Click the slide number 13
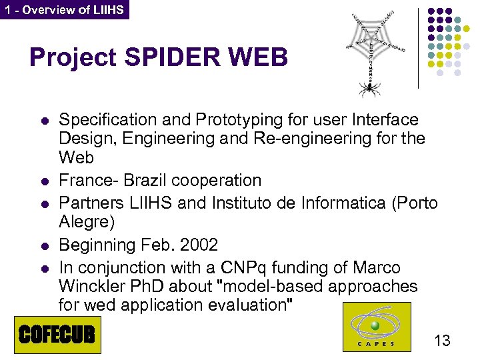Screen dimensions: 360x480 coord(442,341)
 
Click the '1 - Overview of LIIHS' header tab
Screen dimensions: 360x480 coord(64,9)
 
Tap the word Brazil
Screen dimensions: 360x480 coord(143,181)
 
